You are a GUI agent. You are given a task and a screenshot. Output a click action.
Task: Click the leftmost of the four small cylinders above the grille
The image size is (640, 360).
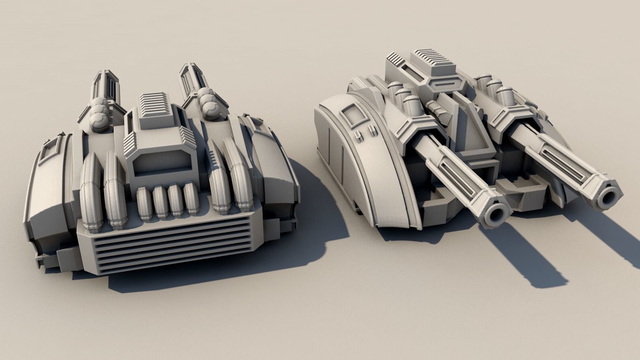click(144, 202)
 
